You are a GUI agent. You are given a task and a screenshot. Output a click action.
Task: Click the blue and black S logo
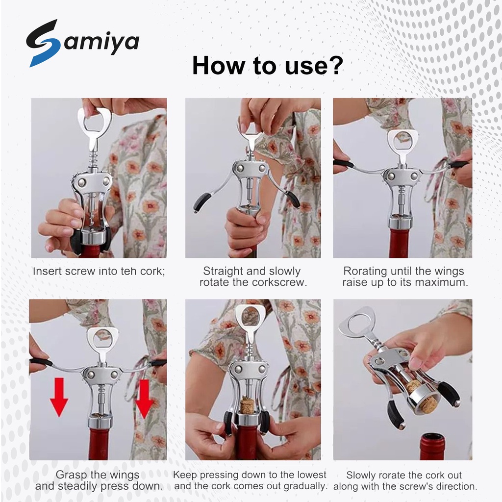(x=43, y=43)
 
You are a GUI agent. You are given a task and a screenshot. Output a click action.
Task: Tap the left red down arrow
(x=59, y=397)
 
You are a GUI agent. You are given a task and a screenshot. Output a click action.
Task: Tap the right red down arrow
(x=145, y=399)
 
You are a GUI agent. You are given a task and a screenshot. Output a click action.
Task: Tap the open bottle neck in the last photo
(x=432, y=446)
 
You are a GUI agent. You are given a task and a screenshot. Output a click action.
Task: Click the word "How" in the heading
(x=218, y=65)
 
